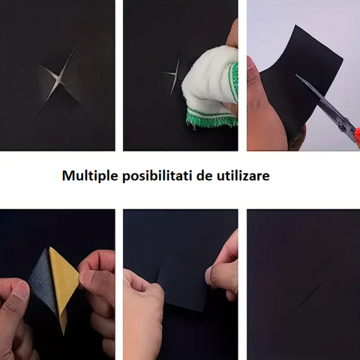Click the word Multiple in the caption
point(90,175)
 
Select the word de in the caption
point(204,175)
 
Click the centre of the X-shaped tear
point(58,78)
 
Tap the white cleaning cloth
point(210,88)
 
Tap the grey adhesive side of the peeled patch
point(43,280)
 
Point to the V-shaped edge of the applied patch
point(298,294)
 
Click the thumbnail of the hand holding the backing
point(86,277)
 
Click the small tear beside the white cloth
point(173,74)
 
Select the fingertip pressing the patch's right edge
point(209,275)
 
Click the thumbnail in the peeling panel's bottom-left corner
point(20,291)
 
